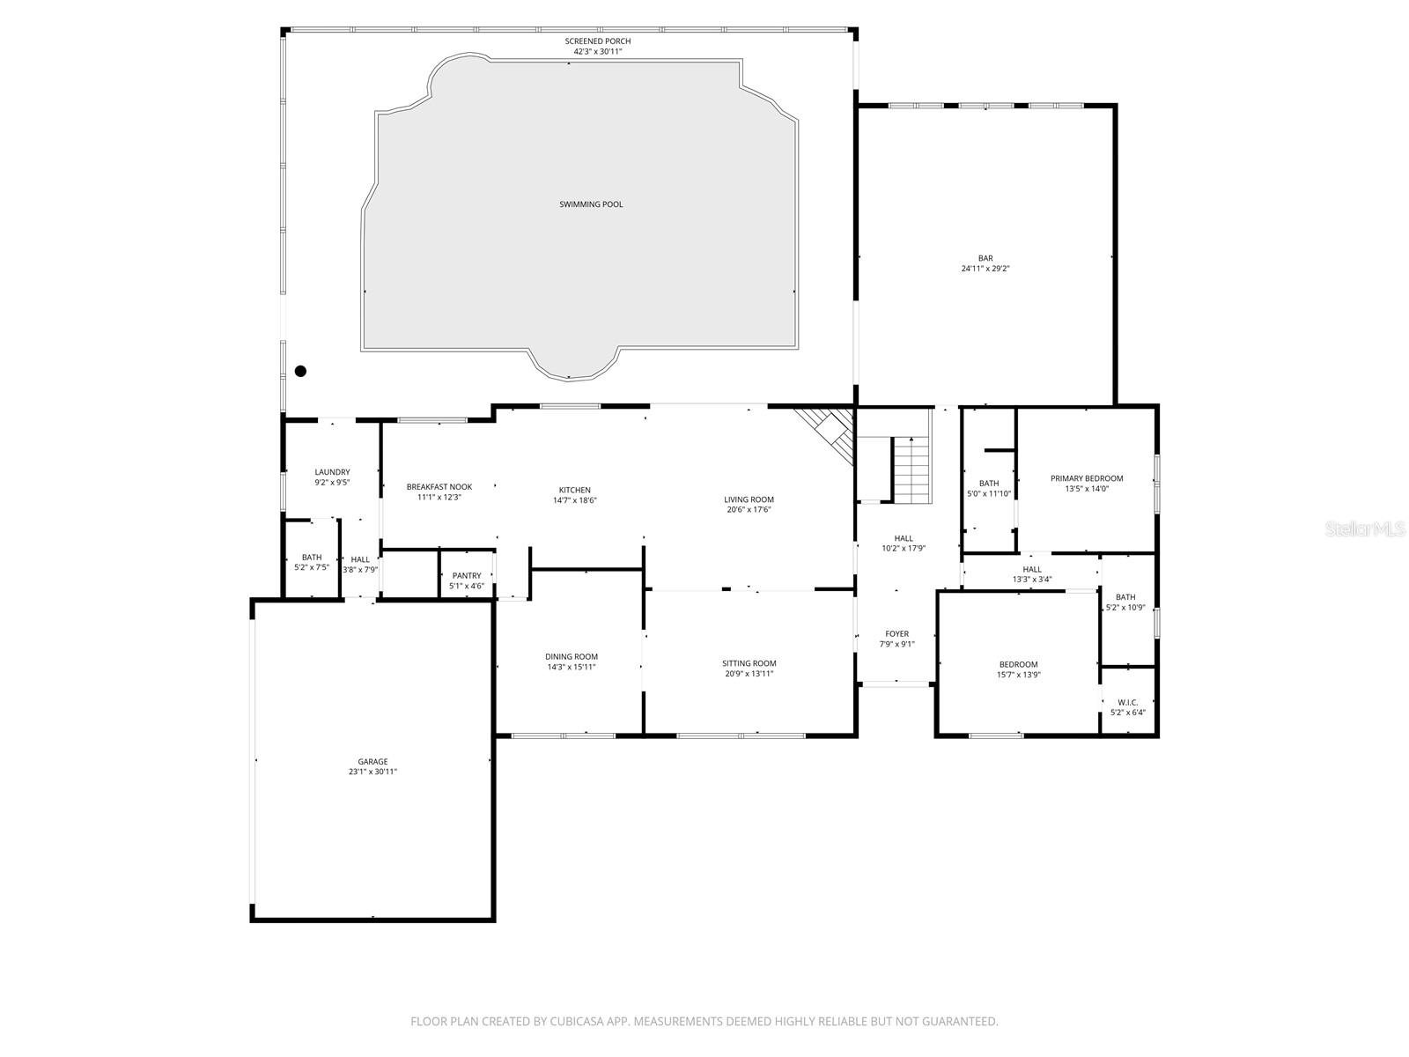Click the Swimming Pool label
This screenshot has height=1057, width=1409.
(x=591, y=204)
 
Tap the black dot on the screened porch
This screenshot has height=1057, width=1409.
(x=300, y=371)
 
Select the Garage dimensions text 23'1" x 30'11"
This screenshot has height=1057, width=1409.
(x=373, y=772)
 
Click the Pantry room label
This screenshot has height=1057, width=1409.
(x=467, y=575)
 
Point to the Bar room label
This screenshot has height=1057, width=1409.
(x=985, y=258)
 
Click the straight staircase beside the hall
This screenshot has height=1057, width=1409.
(x=911, y=470)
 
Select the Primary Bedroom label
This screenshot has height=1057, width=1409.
(x=1087, y=478)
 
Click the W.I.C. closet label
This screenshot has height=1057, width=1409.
(x=1128, y=702)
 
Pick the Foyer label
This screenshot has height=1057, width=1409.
(x=896, y=633)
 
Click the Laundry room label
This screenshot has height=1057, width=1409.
(x=332, y=472)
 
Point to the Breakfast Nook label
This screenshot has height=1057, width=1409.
(x=439, y=486)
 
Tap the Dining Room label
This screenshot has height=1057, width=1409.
(x=572, y=656)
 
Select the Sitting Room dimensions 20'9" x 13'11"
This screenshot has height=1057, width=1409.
(x=749, y=674)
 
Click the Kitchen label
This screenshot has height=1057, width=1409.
(x=574, y=490)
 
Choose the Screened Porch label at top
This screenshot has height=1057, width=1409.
(x=598, y=41)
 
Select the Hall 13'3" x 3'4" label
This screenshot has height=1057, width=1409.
(x=1032, y=569)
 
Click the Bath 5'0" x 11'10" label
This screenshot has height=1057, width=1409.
(x=989, y=483)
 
